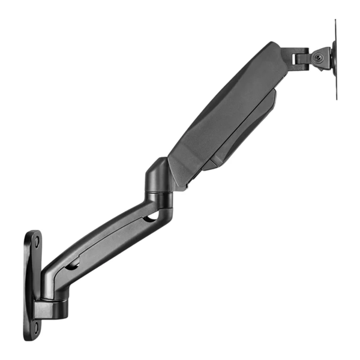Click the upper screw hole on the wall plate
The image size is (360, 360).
pos(37,241)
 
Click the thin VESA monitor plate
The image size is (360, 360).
pos(335,60)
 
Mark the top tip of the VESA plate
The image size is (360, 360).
pos(335,20)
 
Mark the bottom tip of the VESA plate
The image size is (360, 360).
pos(335,99)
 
